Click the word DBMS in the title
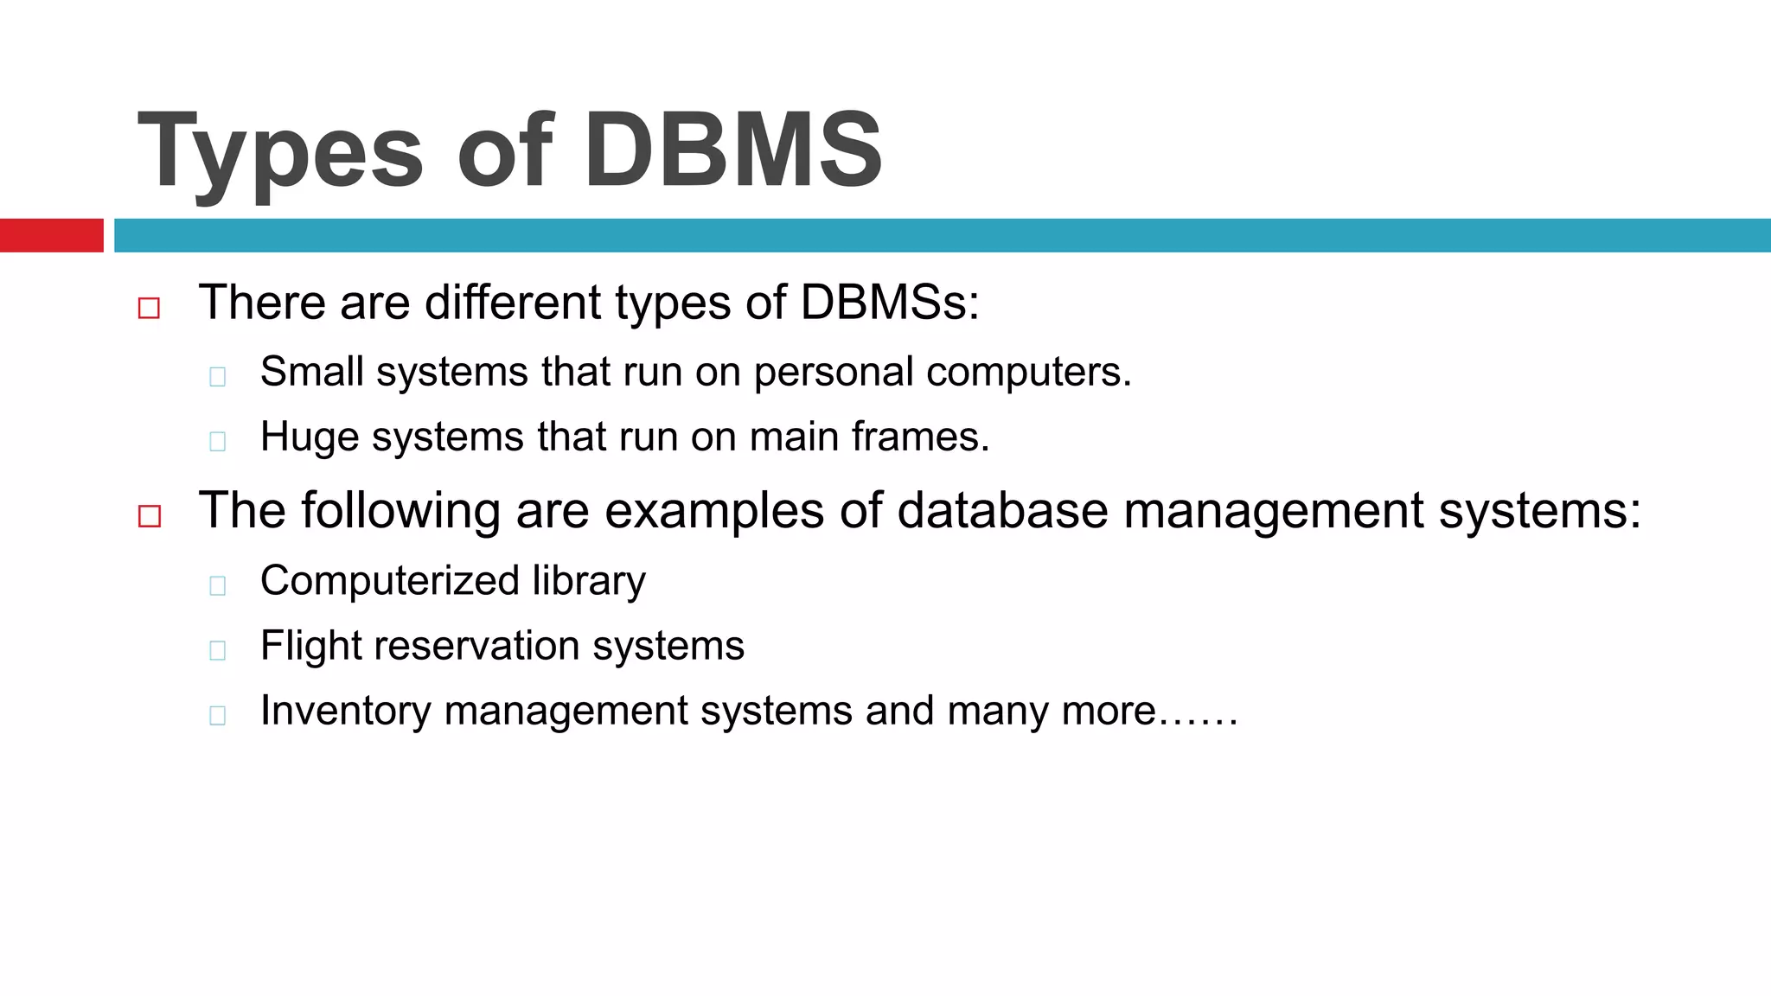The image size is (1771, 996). pyautogui.click(x=733, y=150)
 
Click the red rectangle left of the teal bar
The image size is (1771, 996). pyautogui.click(x=51, y=235)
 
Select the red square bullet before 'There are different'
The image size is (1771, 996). pyautogui.click(x=149, y=309)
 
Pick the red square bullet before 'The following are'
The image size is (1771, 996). pyautogui.click(x=150, y=516)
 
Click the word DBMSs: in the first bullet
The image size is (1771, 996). pyautogui.click(x=890, y=303)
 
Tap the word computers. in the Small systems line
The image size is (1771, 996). pyautogui.click(x=1028, y=373)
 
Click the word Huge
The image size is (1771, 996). pyautogui.click(x=309, y=437)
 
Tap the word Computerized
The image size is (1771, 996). pyautogui.click(x=389, y=581)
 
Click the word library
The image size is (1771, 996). pyautogui.click(x=589, y=581)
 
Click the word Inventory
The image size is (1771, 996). pyautogui.click(x=345, y=712)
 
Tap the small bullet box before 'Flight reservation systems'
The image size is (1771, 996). pyautogui.click(x=218, y=650)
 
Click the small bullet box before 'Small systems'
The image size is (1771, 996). pyautogui.click(x=218, y=377)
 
